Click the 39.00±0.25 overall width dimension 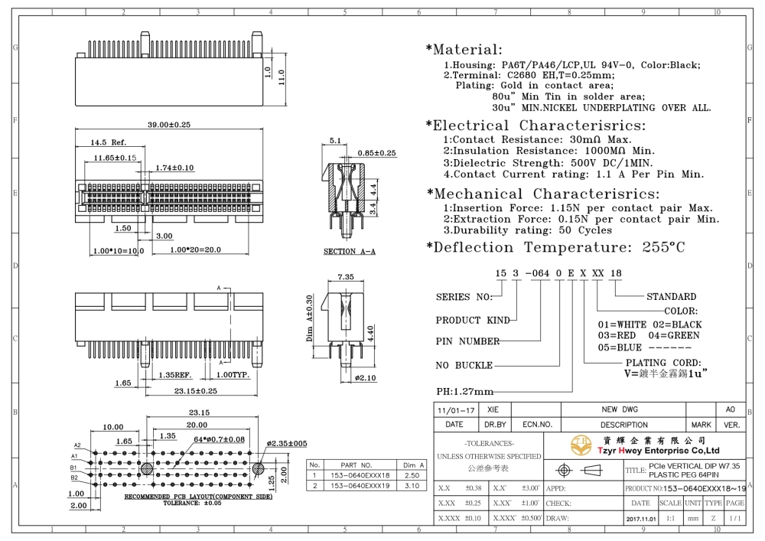pyautogui.click(x=169, y=125)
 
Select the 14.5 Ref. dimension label pyautogui.click(x=108, y=142)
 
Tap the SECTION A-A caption pyautogui.click(x=350, y=252)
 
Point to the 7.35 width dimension pyautogui.click(x=346, y=277)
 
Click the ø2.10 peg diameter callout pyautogui.click(x=366, y=378)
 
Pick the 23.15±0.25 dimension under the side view pyautogui.click(x=196, y=391)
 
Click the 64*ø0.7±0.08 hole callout pyautogui.click(x=219, y=439)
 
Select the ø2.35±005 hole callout pyautogui.click(x=287, y=444)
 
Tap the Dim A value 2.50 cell pyautogui.click(x=412, y=476)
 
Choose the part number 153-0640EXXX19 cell pyautogui.click(x=360, y=486)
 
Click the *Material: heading pyautogui.click(x=464, y=49)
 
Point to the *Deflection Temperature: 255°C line pyautogui.click(x=555, y=247)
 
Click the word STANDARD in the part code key pyautogui.click(x=672, y=297)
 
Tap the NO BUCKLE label pyautogui.click(x=464, y=365)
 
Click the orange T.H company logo pyautogui.click(x=581, y=445)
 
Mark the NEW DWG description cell pyautogui.click(x=620, y=410)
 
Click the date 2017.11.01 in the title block pyautogui.click(x=641, y=519)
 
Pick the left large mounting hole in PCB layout pyautogui.click(x=146, y=469)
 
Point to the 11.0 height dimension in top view pyautogui.click(x=281, y=77)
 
